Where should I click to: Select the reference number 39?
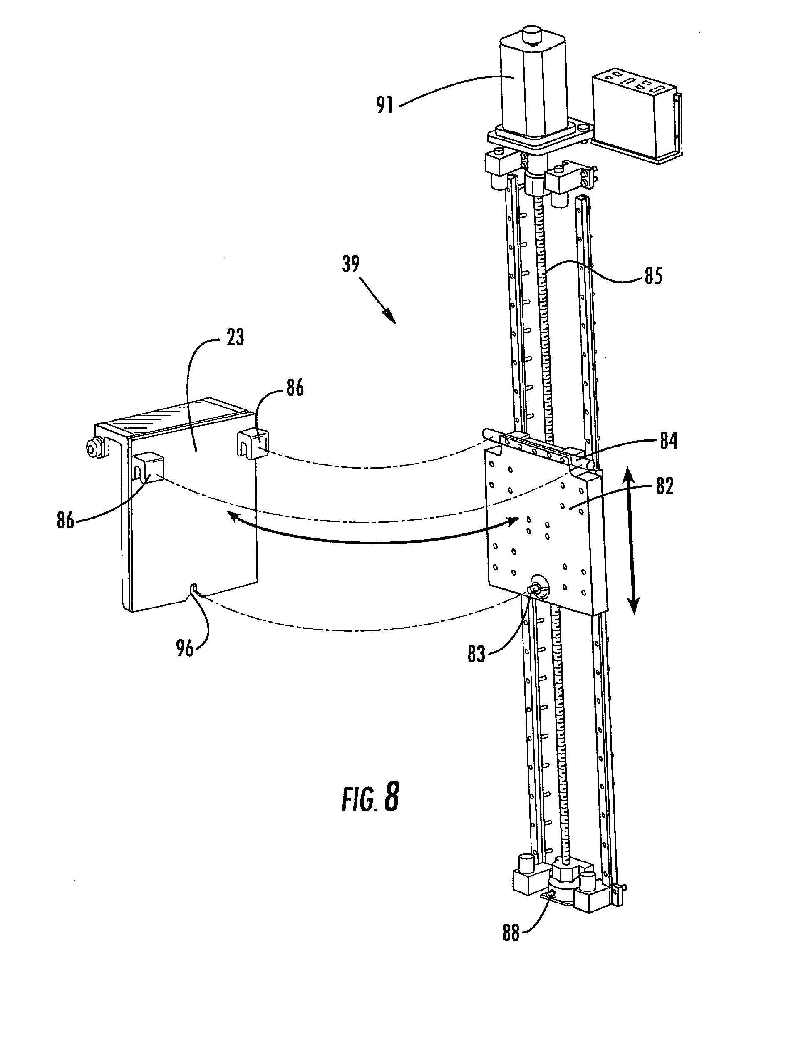point(351,264)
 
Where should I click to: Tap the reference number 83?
point(476,654)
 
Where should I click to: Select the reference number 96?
point(185,648)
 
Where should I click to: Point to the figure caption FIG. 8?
point(371,799)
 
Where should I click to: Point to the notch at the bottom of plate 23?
point(194,588)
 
